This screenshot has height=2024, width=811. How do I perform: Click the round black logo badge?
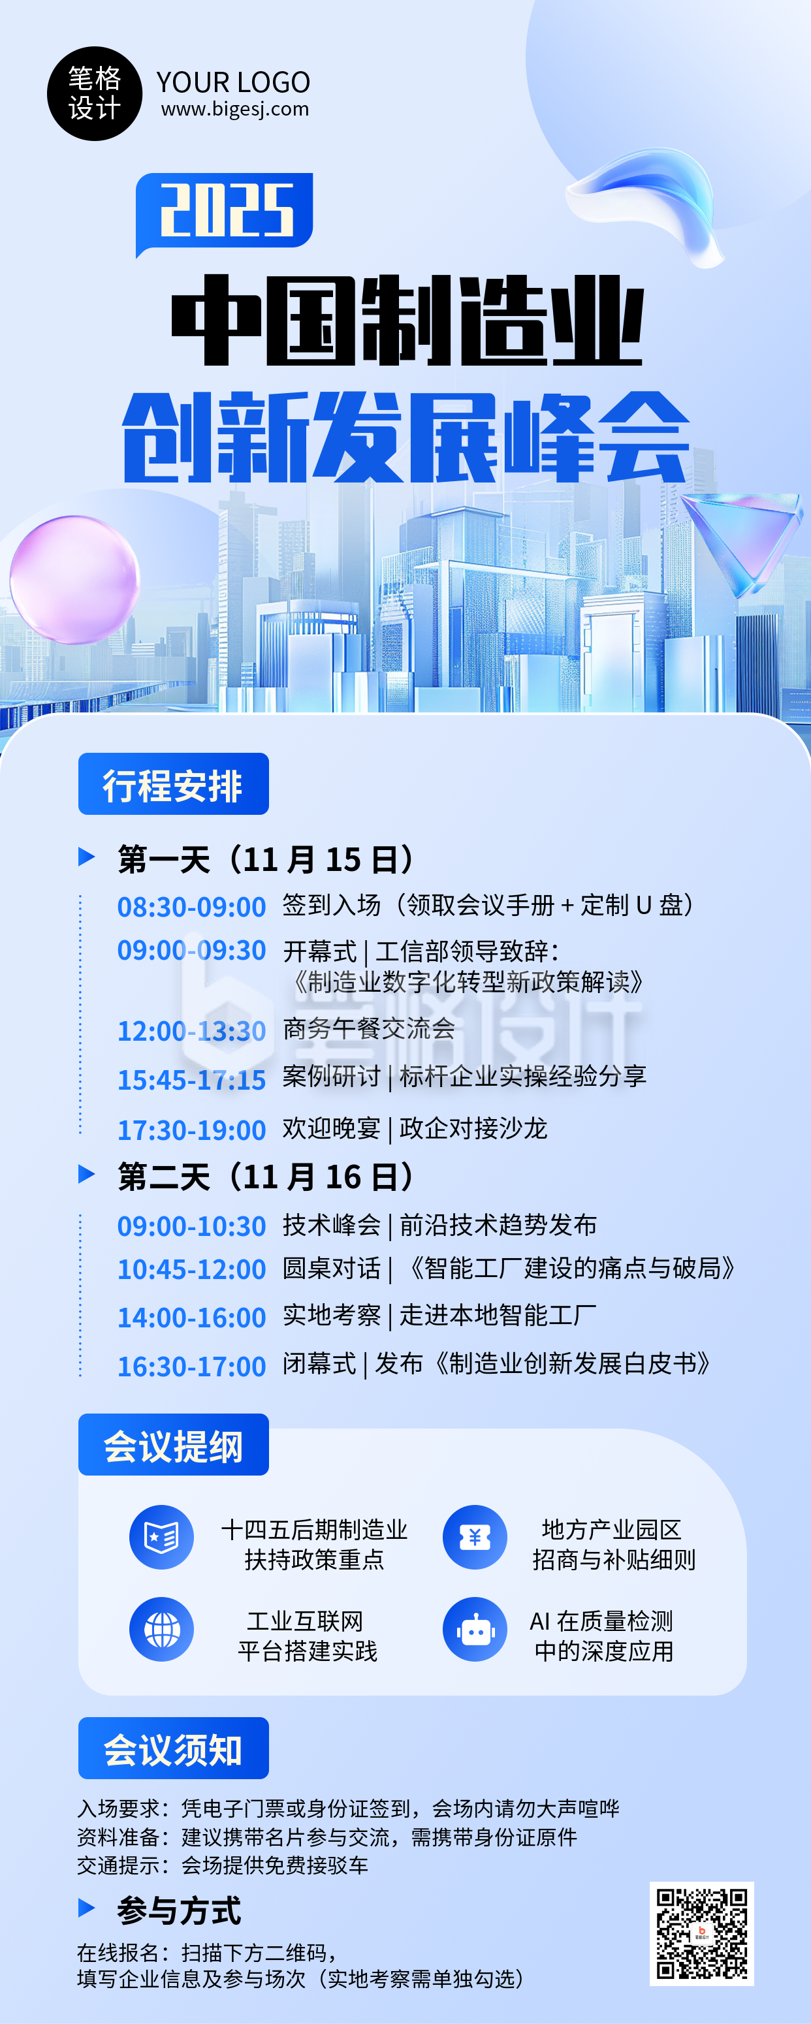(94, 93)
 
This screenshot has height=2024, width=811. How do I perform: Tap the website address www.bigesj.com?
(235, 109)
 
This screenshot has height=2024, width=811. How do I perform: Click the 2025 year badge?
(225, 211)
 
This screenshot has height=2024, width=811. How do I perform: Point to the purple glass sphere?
(74, 579)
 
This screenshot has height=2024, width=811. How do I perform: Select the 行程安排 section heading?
(173, 784)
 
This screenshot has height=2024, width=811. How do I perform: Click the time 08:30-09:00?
(191, 907)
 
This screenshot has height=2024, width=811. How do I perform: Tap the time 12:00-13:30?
(191, 1031)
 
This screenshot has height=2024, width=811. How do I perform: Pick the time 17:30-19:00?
(191, 1130)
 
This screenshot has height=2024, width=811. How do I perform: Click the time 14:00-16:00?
(191, 1318)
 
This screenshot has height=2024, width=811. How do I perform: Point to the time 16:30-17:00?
(191, 1367)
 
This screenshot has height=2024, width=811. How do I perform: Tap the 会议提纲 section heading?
(173, 1445)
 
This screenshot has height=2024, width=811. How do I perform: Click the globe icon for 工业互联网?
(162, 1630)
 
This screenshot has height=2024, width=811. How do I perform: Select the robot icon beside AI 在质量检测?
(475, 1630)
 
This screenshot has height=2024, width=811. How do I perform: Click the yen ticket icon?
(475, 1538)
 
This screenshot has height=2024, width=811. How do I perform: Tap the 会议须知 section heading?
(173, 1749)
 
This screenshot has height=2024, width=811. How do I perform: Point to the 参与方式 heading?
(179, 1910)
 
